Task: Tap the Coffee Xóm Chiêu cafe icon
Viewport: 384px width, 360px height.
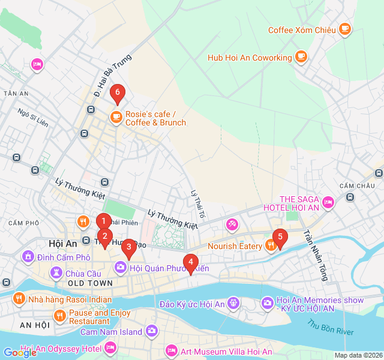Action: (x=344, y=29)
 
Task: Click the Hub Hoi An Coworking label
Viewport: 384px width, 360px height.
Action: (x=249, y=58)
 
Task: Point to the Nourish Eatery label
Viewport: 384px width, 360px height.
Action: (x=235, y=246)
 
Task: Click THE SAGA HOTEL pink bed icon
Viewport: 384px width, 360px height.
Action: (x=328, y=202)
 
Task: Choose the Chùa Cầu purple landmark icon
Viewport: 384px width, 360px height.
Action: (x=56, y=273)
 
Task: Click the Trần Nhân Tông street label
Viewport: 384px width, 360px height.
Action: (x=316, y=256)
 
